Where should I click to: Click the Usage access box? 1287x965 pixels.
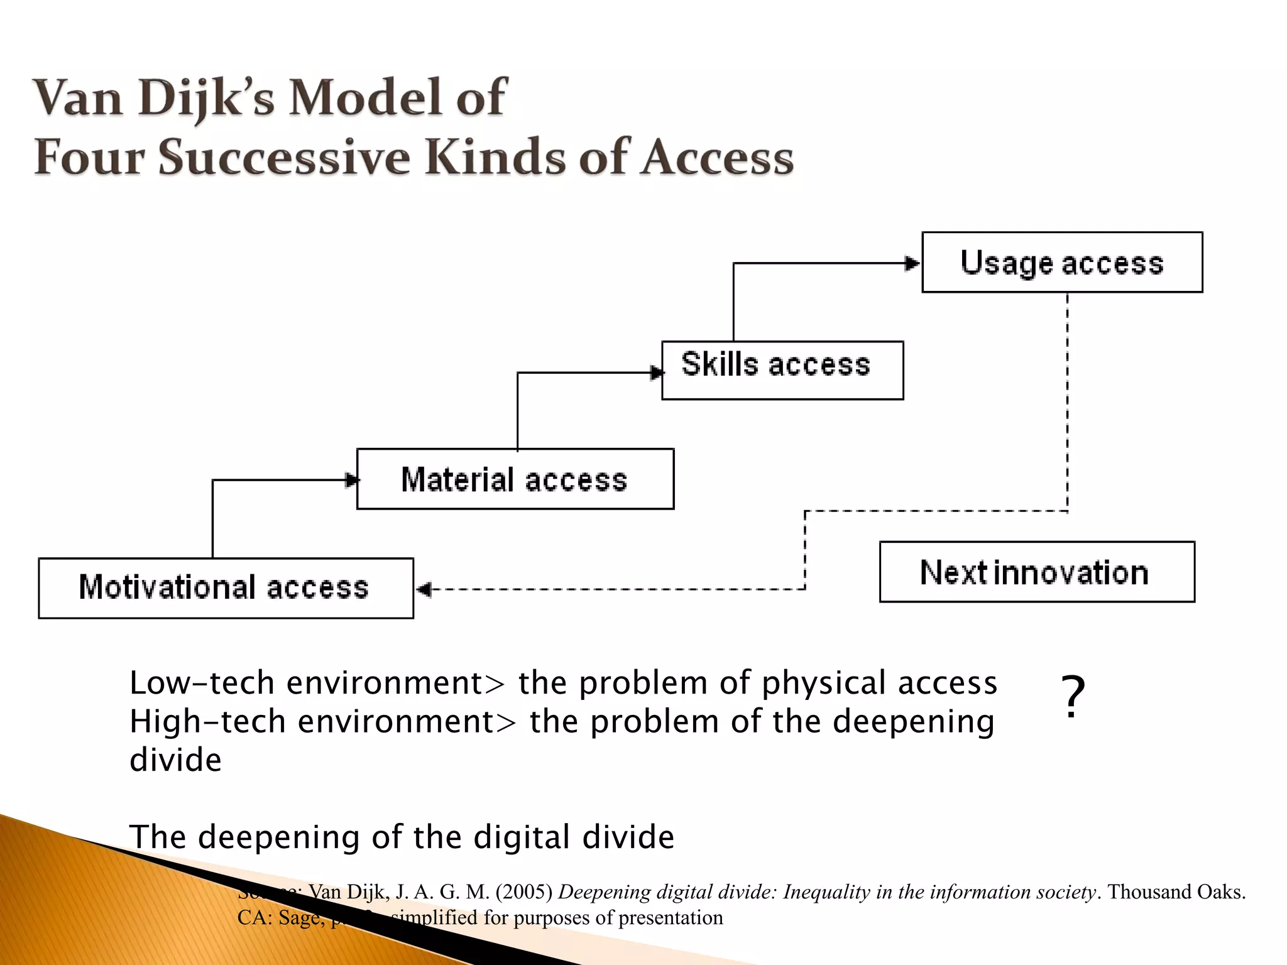point(1062,263)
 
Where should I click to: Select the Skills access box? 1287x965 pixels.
point(782,370)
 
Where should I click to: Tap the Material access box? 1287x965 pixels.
point(515,479)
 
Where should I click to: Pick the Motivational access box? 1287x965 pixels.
point(226,588)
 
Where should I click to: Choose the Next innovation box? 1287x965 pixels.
point(1037,572)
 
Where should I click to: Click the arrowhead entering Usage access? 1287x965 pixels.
point(912,264)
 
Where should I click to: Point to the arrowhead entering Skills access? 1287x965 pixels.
point(656,373)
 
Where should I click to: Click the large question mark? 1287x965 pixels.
point(1073,697)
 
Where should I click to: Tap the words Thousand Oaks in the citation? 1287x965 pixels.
point(1176,892)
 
